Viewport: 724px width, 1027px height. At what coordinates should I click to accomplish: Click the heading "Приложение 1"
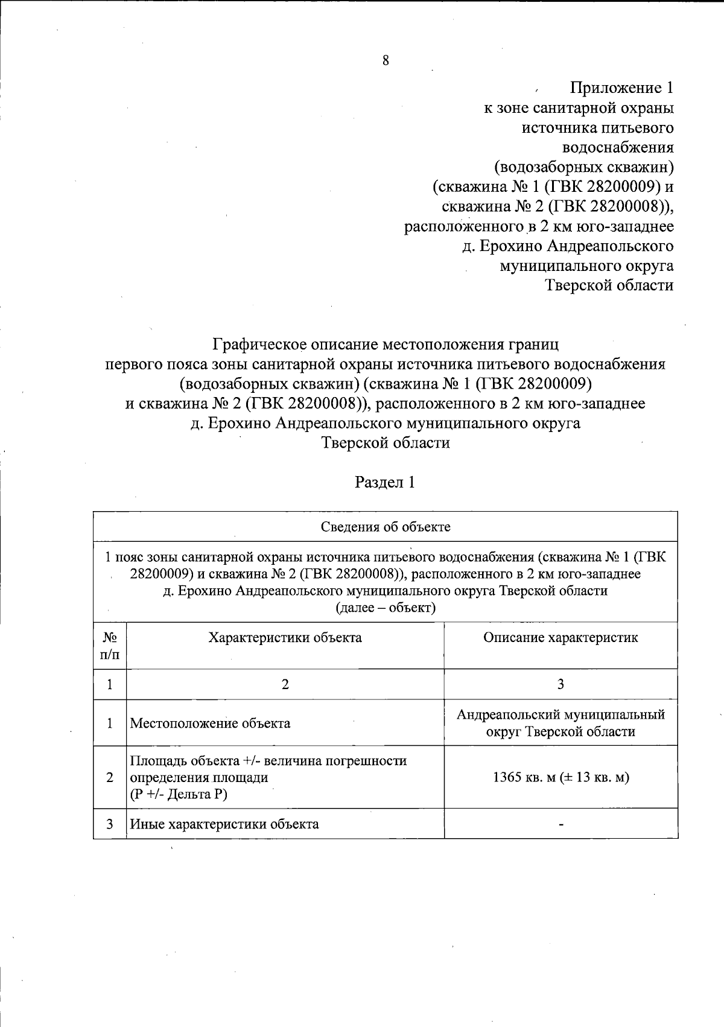[x=621, y=88]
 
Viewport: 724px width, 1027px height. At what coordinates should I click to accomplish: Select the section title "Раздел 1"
[x=385, y=483]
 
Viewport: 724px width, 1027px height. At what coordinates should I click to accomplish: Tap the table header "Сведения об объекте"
[x=385, y=527]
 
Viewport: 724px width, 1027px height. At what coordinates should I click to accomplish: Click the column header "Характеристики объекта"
[x=285, y=638]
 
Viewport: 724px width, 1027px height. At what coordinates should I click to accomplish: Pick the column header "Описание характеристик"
[x=560, y=638]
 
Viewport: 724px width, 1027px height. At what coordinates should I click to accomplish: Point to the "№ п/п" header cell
[x=110, y=646]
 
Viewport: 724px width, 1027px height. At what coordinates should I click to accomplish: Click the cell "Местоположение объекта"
[x=211, y=723]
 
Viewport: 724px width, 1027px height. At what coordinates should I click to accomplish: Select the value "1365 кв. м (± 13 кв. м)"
[x=560, y=777]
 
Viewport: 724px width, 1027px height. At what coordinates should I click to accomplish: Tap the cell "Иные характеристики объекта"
[x=224, y=824]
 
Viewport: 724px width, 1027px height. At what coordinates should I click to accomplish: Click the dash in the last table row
[x=561, y=824]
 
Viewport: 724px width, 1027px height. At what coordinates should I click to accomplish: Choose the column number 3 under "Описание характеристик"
[x=560, y=684]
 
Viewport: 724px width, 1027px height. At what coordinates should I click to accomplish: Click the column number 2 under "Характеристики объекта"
[x=285, y=684]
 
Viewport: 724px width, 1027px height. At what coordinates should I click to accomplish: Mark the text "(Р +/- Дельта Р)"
[x=179, y=794]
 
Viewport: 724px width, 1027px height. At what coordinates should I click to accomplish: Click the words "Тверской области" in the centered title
[x=386, y=443]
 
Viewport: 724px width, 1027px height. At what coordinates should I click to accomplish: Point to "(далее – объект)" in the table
[x=385, y=608]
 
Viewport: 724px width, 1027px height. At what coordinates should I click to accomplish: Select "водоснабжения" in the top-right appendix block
[x=618, y=147]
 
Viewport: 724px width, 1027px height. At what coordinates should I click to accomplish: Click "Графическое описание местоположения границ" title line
[x=386, y=345]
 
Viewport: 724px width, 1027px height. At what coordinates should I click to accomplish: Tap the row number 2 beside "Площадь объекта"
[x=110, y=777]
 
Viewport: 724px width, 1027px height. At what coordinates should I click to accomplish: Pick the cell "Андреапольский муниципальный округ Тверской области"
[x=560, y=723]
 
